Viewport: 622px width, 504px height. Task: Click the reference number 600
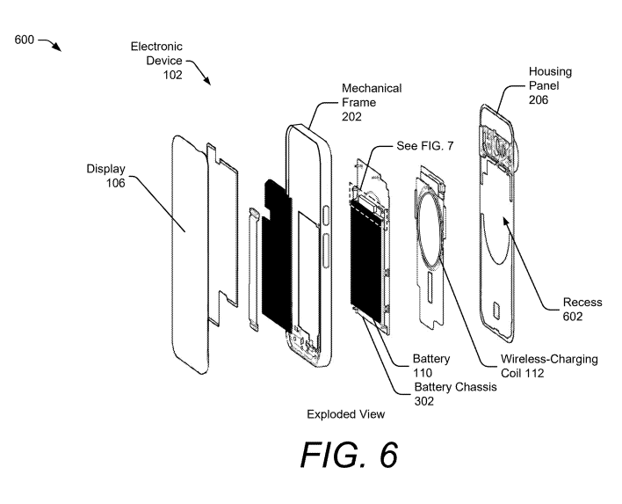click(25, 40)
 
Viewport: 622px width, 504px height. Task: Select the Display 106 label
click(106, 176)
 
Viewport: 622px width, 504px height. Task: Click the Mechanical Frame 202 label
click(372, 102)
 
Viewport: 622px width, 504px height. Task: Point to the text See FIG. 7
click(425, 146)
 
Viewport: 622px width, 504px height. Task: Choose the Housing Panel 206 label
click(550, 85)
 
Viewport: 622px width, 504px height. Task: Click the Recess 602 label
click(582, 309)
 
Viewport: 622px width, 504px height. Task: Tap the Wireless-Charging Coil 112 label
click(549, 366)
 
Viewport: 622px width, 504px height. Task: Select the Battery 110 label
click(431, 365)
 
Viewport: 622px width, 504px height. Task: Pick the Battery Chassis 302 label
click(455, 393)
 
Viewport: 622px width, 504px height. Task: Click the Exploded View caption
click(345, 414)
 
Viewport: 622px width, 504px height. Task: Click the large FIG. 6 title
click(349, 455)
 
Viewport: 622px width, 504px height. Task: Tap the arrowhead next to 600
click(58, 47)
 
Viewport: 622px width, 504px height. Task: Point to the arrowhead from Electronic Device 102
click(207, 80)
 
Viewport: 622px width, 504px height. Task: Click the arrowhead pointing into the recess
click(506, 221)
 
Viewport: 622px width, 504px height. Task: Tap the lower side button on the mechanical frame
click(327, 252)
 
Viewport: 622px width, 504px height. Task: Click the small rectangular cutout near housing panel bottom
click(496, 310)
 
